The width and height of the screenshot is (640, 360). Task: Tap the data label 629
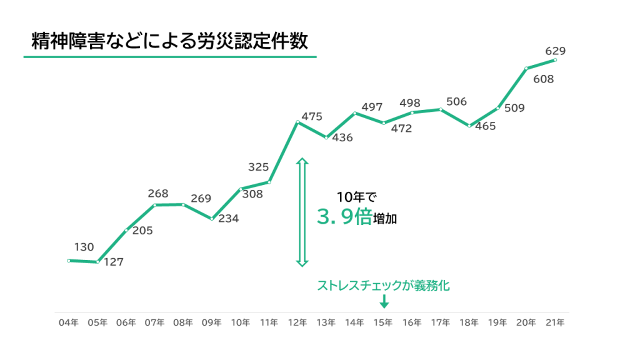(x=555, y=51)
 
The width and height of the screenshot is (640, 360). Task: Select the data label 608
(x=544, y=79)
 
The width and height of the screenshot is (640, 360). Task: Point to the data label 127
(x=112, y=262)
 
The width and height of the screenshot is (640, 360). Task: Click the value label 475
(x=311, y=116)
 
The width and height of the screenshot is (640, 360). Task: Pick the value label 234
(x=227, y=219)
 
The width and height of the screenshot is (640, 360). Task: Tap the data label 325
(x=258, y=167)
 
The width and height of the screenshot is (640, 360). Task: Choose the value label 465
(x=485, y=126)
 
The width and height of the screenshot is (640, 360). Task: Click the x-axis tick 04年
(x=68, y=323)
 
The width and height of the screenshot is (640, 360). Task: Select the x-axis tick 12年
(x=297, y=323)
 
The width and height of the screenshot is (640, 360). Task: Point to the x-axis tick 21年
(x=555, y=323)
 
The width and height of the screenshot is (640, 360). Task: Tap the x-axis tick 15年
(x=383, y=323)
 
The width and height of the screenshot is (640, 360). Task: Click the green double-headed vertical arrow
(x=301, y=212)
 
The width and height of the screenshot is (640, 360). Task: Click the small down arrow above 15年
(x=384, y=302)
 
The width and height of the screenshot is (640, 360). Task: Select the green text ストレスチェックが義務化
(x=383, y=286)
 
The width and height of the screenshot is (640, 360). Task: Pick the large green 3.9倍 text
(x=344, y=217)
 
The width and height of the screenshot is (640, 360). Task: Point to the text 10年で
(x=357, y=197)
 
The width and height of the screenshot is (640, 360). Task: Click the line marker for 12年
(x=297, y=122)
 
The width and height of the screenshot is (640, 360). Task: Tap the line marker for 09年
(x=212, y=219)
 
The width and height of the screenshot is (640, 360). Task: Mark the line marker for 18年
(x=469, y=126)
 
